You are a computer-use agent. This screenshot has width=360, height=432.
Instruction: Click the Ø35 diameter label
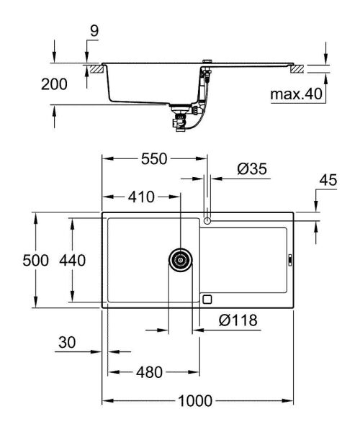click(x=252, y=169)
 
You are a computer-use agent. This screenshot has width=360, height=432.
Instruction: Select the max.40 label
click(x=294, y=94)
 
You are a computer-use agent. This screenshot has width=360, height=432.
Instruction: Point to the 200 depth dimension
click(x=54, y=84)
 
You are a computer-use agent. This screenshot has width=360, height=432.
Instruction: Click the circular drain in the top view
click(x=181, y=259)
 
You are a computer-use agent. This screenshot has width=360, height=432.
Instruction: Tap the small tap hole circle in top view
click(x=208, y=218)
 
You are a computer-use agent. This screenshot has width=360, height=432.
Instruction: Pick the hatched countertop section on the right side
click(x=297, y=68)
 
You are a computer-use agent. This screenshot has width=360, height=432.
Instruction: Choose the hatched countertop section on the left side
click(x=94, y=68)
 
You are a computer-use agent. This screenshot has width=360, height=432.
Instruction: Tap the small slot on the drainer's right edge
click(x=289, y=260)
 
